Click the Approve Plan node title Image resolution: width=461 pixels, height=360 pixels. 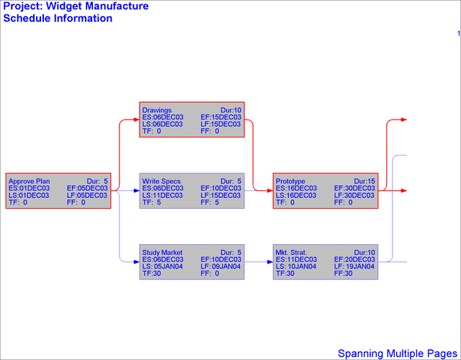click(30, 181)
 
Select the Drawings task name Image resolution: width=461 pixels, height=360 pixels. click(156, 110)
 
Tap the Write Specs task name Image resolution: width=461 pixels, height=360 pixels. click(161, 181)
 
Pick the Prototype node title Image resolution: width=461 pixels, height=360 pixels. click(290, 181)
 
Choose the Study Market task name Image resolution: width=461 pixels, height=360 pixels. click(162, 253)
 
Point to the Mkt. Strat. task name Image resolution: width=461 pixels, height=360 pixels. click(292, 253)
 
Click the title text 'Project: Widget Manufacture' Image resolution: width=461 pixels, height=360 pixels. click(76, 6)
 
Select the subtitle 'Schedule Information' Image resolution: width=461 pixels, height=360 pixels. click(58, 18)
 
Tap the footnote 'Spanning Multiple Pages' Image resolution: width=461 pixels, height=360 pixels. click(398, 354)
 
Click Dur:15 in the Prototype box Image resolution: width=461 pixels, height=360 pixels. click(364, 181)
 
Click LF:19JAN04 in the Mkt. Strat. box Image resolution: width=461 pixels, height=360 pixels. click(355, 266)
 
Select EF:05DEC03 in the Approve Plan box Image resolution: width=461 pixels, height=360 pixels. click(87, 188)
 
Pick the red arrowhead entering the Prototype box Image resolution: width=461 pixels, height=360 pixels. click(269, 191)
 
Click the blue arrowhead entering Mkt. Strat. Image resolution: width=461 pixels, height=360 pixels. click(269, 263)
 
